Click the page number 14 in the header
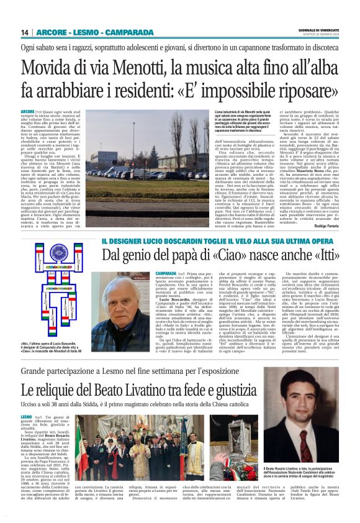25,32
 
